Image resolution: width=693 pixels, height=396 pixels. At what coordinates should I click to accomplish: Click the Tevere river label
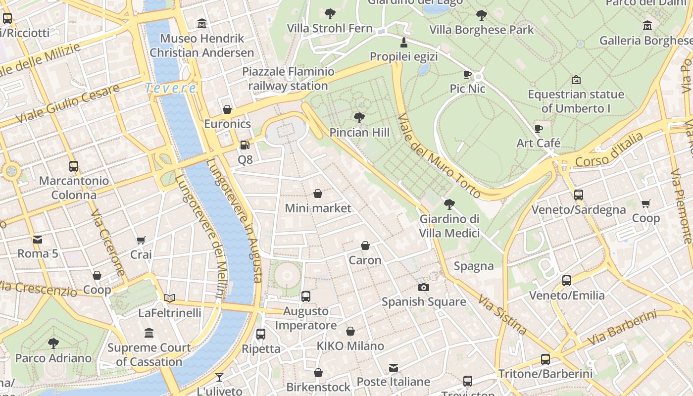click(x=170, y=88)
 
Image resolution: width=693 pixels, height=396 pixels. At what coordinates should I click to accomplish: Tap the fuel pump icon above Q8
click(x=245, y=145)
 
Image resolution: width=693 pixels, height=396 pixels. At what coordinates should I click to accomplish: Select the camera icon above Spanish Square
click(x=423, y=287)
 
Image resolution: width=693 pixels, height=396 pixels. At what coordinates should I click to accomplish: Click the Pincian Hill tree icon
click(x=359, y=118)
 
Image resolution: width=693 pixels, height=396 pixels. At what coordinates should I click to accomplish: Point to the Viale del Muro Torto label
click(x=439, y=155)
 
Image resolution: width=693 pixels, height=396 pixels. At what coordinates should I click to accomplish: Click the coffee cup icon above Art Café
click(x=539, y=129)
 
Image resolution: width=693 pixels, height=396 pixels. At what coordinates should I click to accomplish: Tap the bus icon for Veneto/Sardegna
click(x=578, y=195)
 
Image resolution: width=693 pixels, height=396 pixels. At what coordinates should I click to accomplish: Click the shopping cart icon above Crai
click(x=141, y=241)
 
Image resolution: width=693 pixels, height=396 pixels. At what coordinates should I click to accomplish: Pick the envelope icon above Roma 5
click(x=38, y=240)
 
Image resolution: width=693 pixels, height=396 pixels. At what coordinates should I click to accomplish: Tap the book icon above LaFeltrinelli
click(x=170, y=298)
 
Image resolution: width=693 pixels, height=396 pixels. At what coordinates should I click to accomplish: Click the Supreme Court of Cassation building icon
click(x=149, y=333)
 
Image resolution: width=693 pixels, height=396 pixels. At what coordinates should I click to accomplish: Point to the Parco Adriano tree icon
click(x=53, y=343)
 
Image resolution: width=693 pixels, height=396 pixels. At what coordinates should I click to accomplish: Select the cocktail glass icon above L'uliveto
click(x=219, y=377)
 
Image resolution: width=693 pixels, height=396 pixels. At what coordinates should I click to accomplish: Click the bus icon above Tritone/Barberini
click(x=545, y=359)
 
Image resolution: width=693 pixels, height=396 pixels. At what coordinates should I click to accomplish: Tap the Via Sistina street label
click(x=502, y=314)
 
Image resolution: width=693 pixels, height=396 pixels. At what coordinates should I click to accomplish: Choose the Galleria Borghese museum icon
click(x=647, y=25)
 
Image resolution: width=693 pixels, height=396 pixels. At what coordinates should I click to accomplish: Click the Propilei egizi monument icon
click(x=404, y=42)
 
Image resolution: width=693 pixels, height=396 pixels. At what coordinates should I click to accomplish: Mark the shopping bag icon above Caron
click(x=365, y=246)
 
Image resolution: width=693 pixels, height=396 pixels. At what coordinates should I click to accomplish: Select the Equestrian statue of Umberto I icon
click(x=576, y=80)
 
